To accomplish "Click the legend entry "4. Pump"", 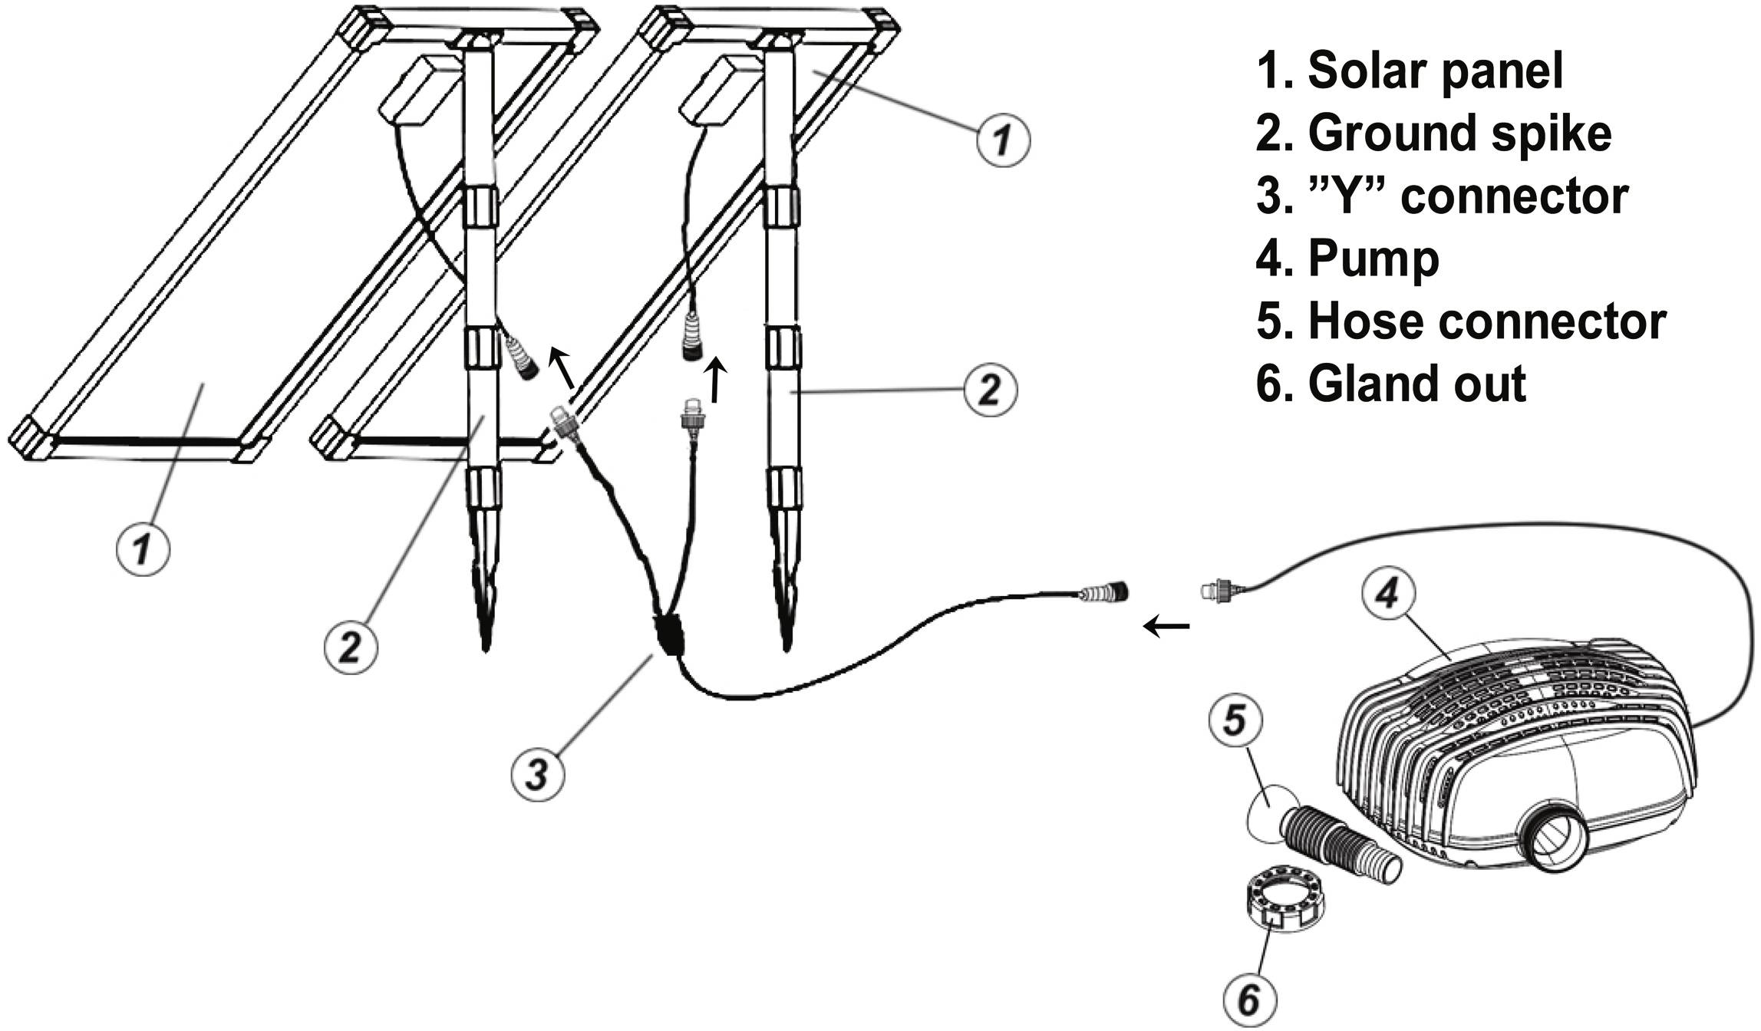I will click(x=1347, y=259).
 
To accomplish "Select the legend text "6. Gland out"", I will click(x=1390, y=384).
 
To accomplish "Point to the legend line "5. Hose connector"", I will click(x=1460, y=321).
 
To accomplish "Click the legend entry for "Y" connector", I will click(x=1442, y=196).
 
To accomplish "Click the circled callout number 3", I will click(x=537, y=772).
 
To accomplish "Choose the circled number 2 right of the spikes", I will click(x=991, y=390).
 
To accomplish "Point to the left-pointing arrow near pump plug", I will click(x=1166, y=627).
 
